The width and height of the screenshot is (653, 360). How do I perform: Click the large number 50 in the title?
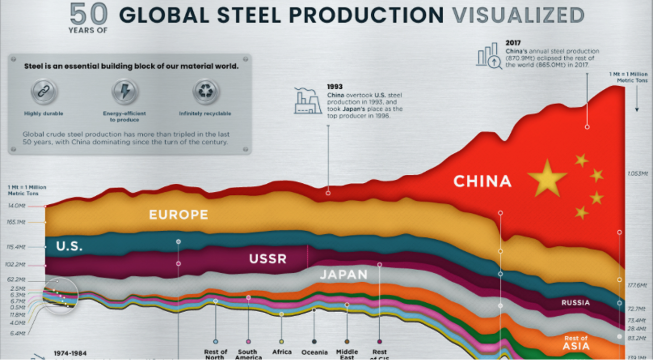[89, 14]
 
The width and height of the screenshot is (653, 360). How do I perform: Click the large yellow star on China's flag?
[547, 177]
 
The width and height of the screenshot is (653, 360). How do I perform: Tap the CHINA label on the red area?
[482, 181]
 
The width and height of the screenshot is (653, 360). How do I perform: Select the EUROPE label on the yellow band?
[179, 214]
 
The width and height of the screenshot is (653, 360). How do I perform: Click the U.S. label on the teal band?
[69, 246]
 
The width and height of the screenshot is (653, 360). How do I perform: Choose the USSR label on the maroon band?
[268, 259]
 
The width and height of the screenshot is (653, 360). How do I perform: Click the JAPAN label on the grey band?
[344, 275]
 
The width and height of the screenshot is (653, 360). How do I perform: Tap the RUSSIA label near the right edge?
[576, 302]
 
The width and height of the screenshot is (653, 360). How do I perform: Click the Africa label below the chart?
[282, 352]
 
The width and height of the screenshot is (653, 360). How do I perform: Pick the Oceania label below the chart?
[314, 352]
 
